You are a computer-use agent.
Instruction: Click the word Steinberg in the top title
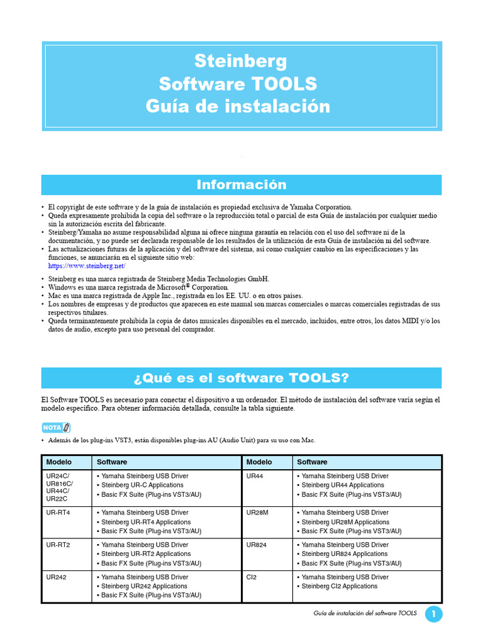[241, 61]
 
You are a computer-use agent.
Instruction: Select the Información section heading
[241, 184]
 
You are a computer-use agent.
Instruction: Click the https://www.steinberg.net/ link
[82, 266]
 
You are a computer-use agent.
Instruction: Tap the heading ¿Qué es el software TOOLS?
[241, 377]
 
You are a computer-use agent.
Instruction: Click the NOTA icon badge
[55, 428]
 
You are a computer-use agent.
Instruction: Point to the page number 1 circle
[434, 614]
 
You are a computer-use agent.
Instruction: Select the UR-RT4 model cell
[58, 513]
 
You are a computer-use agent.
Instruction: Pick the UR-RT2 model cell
[58, 545]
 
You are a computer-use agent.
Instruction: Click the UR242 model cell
[56, 577]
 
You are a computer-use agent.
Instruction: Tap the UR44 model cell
[255, 476]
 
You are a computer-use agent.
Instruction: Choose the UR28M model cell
[258, 513]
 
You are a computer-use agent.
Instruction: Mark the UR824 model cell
[257, 545]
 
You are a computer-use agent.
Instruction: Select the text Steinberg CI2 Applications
[340, 586]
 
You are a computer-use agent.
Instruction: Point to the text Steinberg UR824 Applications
[344, 554]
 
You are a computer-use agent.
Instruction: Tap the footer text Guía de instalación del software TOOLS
[364, 614]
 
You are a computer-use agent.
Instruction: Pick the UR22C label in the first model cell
[57, 499]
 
